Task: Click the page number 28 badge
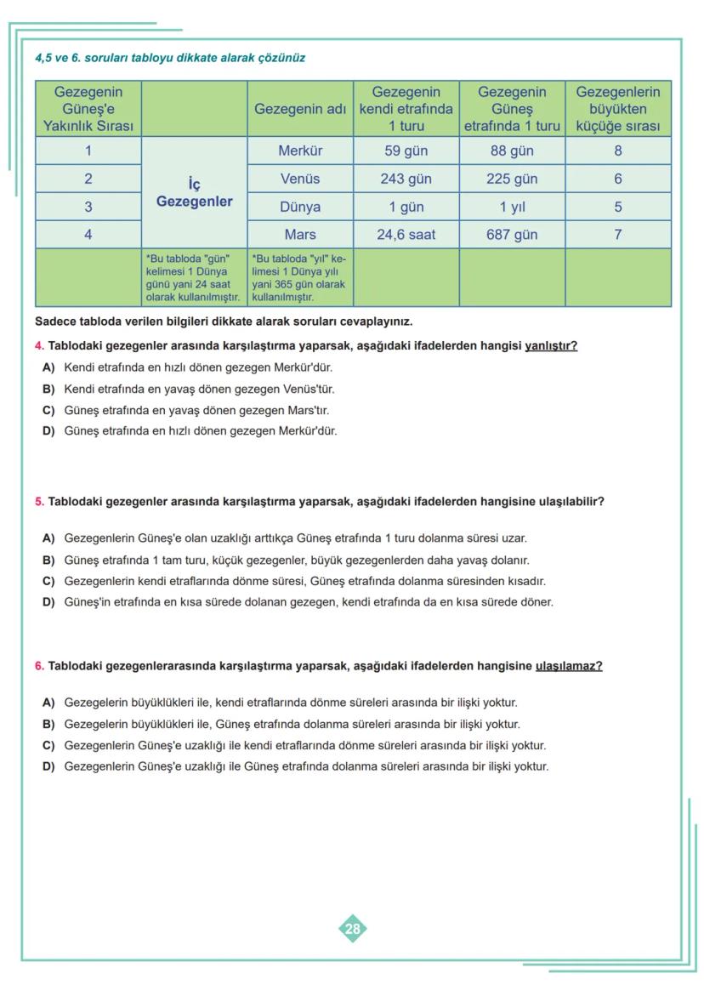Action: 352,929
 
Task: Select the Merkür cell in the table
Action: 300,151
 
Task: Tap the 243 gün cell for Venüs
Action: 406,179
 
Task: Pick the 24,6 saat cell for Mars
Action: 406,235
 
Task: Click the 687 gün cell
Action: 512,235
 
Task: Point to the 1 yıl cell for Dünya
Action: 512,207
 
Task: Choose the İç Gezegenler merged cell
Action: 194,194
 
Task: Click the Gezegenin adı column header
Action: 300,109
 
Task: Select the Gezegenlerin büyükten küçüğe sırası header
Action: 617,109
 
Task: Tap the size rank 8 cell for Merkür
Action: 617,151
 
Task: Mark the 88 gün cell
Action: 512,151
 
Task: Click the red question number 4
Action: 39,346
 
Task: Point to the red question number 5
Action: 39,502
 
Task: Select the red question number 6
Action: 39,666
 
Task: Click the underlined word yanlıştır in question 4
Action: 551,346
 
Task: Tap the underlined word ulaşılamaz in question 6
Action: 568,666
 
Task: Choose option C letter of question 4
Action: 48,410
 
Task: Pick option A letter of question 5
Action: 48,538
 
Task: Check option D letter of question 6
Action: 48,766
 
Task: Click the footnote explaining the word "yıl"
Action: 299,277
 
